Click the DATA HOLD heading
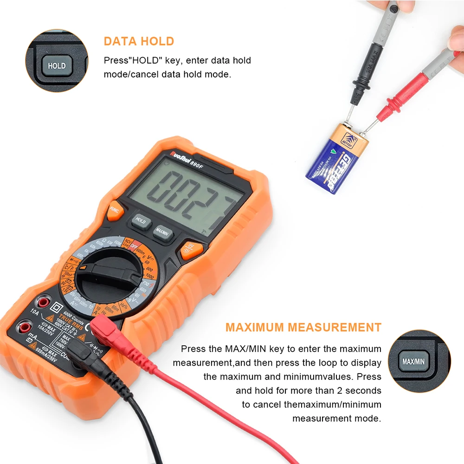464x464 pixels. (x=139, y=41)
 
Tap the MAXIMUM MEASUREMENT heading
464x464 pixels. (x=303, y=327)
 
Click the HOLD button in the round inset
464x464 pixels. (x=57, y=65)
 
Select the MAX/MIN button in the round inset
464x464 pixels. (x=413, y=361)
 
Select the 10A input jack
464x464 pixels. (x=44, y=303)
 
